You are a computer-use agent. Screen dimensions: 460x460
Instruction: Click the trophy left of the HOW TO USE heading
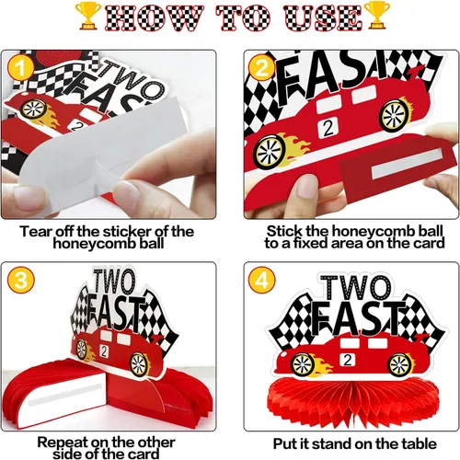click(88, 16)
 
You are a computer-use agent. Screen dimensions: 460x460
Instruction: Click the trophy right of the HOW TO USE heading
click(377, 16)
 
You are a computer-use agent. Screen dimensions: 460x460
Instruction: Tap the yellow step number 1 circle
click(20, 68)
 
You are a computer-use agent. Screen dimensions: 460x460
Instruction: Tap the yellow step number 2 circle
click(261, 68)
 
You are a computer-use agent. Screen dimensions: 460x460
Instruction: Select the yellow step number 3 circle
click(21, 280)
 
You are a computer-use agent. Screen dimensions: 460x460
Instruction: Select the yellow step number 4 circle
click(262, 280)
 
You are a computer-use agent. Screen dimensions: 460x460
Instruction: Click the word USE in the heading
click(323, 18)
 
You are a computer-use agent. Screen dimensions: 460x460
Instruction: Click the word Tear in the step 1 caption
click(34, 231)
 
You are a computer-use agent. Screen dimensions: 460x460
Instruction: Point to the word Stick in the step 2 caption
click(282, 231)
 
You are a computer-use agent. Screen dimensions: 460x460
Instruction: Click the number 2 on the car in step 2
click(328, 128)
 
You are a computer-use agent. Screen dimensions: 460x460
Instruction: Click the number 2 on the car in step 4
click(348, 360)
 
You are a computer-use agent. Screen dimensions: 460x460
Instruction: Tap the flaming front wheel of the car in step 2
click(270, 152)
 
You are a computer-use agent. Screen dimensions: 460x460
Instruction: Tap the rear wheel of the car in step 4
click(399, 365)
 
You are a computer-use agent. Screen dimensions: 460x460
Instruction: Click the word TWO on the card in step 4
click(356, 288)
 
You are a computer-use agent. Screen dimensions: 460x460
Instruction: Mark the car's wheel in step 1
click(34, 109)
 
